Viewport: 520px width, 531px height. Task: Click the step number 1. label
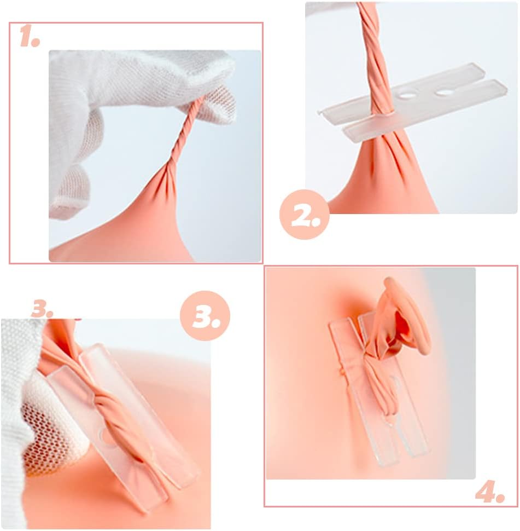[30, 37]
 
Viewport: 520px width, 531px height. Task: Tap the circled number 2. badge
[304, 217]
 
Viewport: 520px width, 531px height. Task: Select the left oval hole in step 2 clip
[407, 95]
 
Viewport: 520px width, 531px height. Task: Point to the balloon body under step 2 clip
[383, 186]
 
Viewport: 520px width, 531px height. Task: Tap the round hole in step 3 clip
[104, 435]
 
